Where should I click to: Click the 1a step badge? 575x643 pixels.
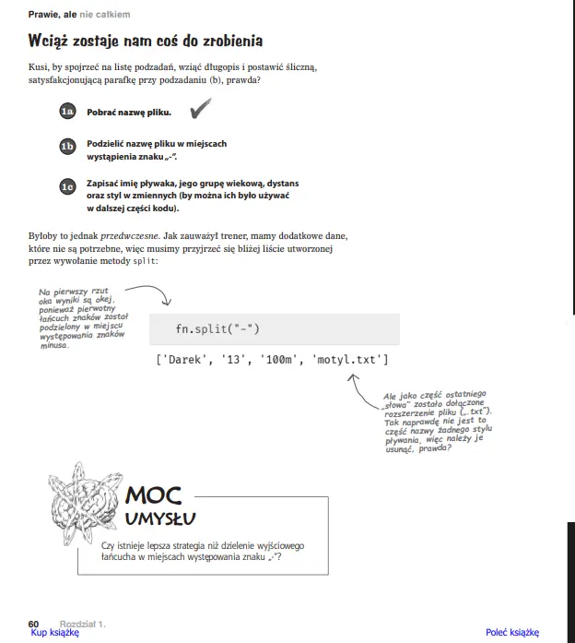pyautogui.click(x=66, y=113)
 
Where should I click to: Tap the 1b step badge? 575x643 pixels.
pyautogui.click(x=66, y=146)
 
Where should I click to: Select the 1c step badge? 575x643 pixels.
pyautogui.click(x=66, y=186)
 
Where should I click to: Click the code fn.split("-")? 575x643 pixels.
pyautogui.click(x=218, y=329)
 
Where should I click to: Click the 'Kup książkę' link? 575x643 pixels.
pyautogui.click(x=55, y=633)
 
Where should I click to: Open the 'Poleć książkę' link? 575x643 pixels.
pyautogui.click(x=512, y=633)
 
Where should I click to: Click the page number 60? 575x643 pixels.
pyautogui.click(x=33, y=624)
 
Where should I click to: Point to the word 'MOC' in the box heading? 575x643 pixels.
pyautogui.click(x=153, y=496)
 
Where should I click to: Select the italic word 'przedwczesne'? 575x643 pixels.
pyautogui.click(x=129, y=235)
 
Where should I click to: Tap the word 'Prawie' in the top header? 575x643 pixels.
pyautogui.click(x=44, y=15)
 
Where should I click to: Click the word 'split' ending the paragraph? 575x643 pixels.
pyautogui.click(x=145, y=262)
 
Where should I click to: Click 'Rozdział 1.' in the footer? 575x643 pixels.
pyautogui.click(x=83, y=624)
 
